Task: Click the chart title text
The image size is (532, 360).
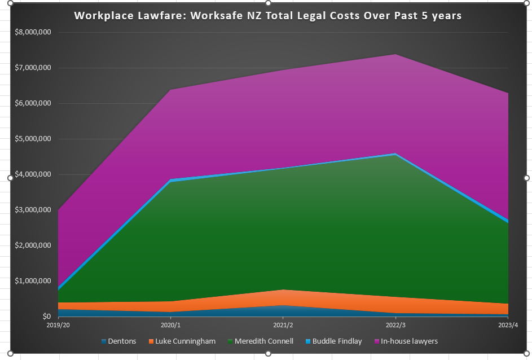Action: [268, 15]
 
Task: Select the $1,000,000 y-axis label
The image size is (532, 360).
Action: [34, 281]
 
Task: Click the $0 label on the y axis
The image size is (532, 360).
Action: [45, 317]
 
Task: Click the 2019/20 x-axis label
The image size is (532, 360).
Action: [58, 325]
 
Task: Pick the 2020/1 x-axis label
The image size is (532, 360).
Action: [170, 325]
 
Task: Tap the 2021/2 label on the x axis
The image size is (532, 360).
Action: [283, 325]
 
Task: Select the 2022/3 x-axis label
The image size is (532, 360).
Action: [395, 325]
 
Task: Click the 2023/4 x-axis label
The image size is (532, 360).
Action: [508, 325]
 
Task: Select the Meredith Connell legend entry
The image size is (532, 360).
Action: [262, 341]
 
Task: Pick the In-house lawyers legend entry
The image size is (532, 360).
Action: [409, 341]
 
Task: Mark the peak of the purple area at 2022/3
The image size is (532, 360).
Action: [395, 55]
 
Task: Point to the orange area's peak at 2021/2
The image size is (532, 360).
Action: [283, 290]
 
